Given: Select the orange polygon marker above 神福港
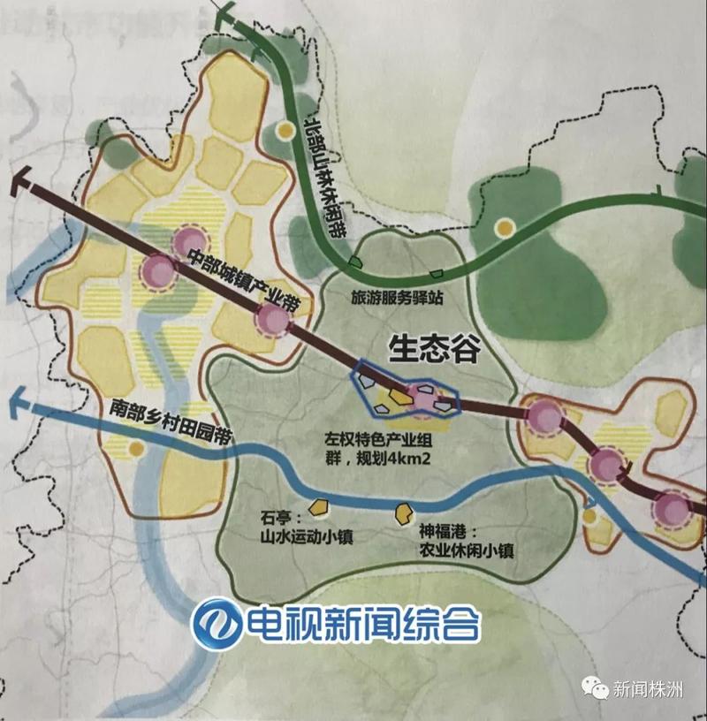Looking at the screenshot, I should tap(407, 510).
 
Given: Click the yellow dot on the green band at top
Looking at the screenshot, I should tap(284, 131).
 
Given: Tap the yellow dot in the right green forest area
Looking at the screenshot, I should tap(505, 228).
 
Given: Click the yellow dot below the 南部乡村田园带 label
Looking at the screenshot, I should tap(135, 450).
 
